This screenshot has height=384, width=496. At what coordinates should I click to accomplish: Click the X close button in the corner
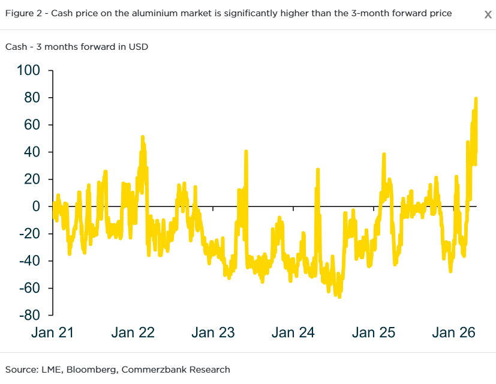coord(488,14)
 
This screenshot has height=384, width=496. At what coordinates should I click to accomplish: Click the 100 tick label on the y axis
coord(28,71)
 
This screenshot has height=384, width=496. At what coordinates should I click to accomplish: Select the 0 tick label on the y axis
coord(36,206)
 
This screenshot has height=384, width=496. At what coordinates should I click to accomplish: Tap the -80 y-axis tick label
coord(29,315)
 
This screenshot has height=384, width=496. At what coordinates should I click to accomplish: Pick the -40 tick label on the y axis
coord(29,261)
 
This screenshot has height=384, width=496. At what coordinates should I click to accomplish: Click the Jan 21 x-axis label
coord(53,332)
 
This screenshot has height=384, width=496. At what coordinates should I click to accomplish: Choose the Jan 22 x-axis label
coord(133,332)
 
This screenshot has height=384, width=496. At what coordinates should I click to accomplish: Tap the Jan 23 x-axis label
coord(214,332)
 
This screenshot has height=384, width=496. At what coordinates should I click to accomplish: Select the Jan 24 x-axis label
coord(294,332)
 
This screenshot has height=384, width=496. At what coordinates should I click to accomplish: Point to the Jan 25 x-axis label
coord(374,332)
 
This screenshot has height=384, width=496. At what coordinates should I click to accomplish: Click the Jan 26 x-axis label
coord(454,332)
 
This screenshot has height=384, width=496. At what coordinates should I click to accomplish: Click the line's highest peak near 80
coord(476,98)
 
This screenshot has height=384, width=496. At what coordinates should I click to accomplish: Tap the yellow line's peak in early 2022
coord(143,137)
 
